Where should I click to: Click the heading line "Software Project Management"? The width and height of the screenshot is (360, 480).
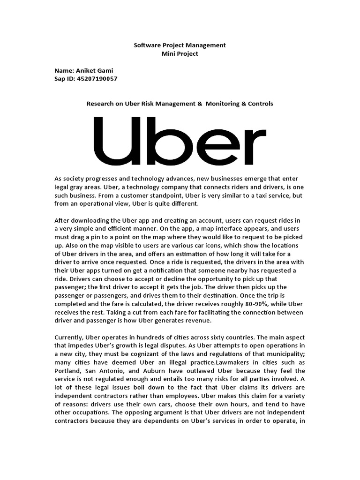point(180,45)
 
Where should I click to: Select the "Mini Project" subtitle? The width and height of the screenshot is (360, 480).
point(180,54)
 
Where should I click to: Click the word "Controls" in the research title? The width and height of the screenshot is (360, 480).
point(257,104)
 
